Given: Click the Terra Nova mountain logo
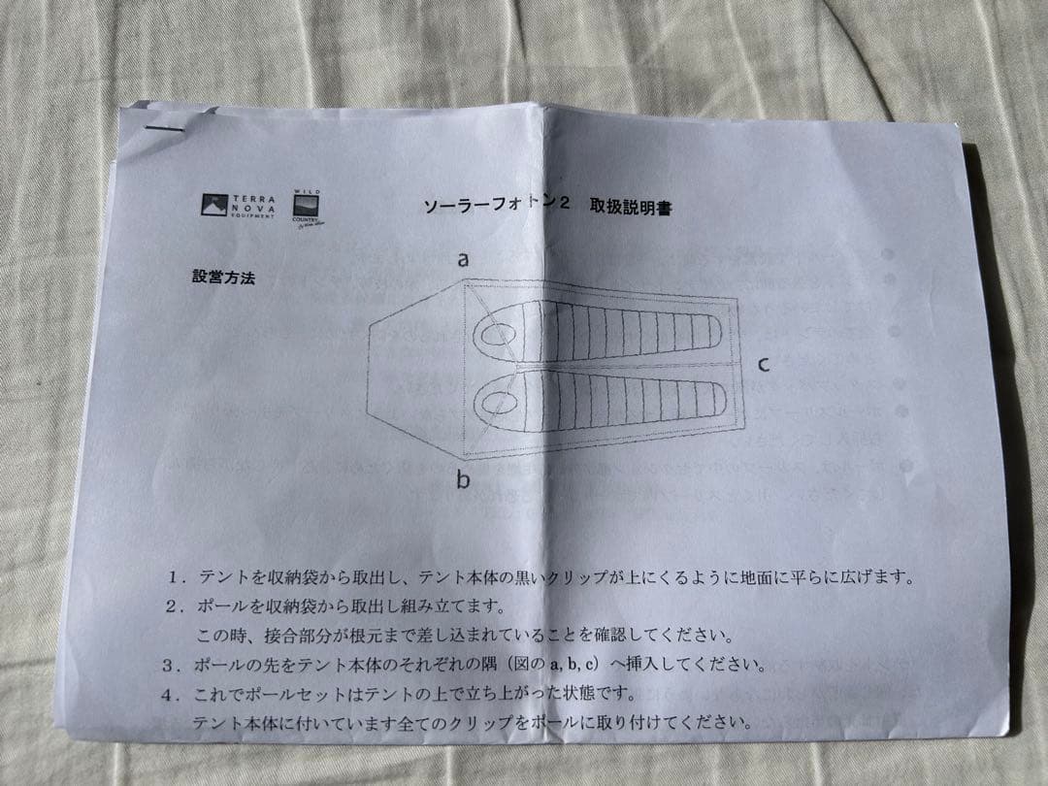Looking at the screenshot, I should tap(214, 204).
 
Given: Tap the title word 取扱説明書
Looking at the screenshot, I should tap(630, 207).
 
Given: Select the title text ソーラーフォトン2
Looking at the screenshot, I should tap(495, 205).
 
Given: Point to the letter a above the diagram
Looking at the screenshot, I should tap(464, 260).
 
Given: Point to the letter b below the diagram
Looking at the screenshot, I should tap(464, 479).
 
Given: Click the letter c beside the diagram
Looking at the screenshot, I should tap(765, 365).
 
